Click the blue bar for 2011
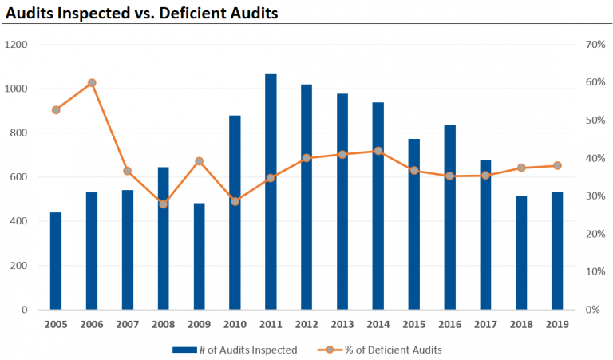[x=271, y=192]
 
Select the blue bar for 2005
[x=56, y=261]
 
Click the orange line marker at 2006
[x=92, y=83]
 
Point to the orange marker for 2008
[x=163, y=204]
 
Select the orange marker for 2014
[x=378, y=151]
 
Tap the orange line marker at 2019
[x=557, y=166]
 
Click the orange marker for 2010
[x=235, y=201]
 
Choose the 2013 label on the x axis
[x=342, y=325]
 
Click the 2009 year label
[x=199, y=325]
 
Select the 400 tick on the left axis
[x=20, y=221]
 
